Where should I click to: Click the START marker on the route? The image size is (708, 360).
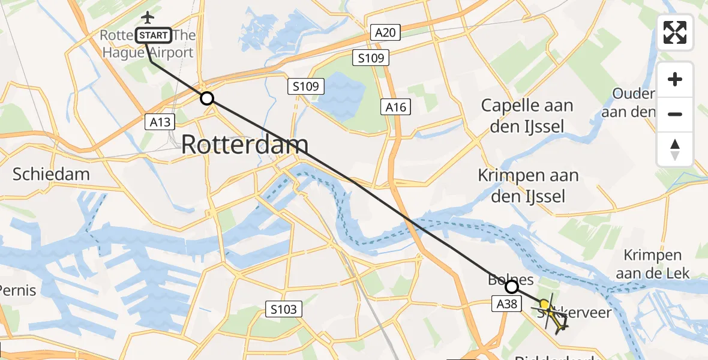[154, 35]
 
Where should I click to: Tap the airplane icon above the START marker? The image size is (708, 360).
[147, 16]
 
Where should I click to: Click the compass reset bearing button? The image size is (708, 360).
[675, 149]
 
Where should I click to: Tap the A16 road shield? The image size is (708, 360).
[396, 107]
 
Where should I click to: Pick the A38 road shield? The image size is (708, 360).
[507, 304]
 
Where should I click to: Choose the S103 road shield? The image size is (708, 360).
[283, 310]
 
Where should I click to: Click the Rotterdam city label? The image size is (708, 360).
[245, 145]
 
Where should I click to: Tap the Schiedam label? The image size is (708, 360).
[51, 175]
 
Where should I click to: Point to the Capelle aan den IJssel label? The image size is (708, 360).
[527, 115]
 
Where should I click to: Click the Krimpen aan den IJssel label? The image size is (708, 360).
[528, 185]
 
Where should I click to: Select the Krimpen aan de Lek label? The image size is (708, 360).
[656, 264]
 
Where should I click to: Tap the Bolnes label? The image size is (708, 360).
[502, 280]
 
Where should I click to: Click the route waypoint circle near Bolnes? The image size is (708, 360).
[511, 287]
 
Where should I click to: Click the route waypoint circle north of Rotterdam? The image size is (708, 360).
[206, 98]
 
